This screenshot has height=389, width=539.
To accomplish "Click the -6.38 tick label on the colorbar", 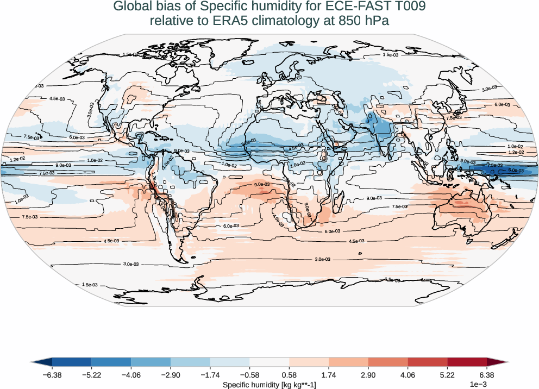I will [52, 375].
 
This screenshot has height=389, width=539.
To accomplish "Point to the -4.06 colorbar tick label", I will [131, 375].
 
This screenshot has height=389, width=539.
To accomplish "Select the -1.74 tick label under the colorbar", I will [210, 375].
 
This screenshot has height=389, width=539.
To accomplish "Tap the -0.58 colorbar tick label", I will [249, 375].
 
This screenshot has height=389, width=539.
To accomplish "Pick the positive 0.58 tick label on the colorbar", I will [289, 375].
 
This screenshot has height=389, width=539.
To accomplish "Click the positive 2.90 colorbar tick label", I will [368, 375].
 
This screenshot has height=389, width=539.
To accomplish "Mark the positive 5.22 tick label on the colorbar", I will [447, 375].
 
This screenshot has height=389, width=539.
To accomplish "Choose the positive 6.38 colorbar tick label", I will [486, 375].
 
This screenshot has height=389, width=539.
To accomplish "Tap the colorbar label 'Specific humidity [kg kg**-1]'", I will [269, 385].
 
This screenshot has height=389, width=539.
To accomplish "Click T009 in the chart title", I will [406, 7].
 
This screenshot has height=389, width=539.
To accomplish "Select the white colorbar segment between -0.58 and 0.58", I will [269, 362].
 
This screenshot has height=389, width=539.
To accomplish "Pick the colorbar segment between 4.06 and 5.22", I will [427, 362].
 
